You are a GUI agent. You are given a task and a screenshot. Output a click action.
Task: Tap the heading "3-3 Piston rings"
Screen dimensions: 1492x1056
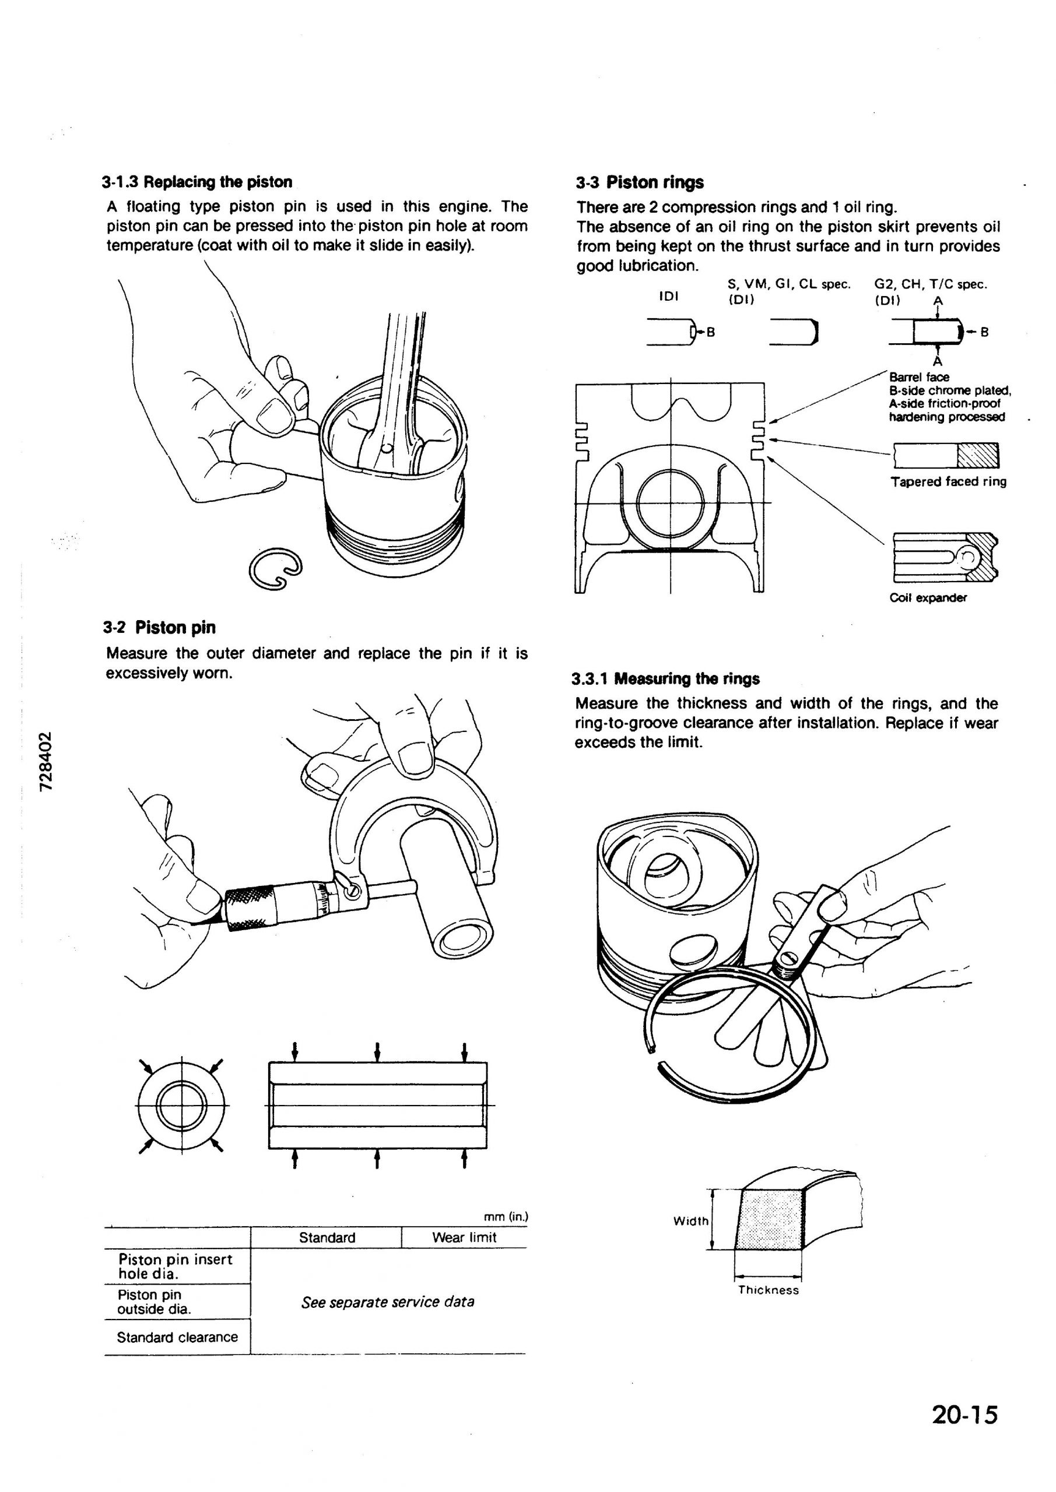point(639,182)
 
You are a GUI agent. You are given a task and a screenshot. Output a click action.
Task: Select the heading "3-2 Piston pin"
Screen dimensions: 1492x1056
point(159,628)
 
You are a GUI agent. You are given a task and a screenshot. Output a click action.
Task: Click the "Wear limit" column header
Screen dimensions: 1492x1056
point(464,1237)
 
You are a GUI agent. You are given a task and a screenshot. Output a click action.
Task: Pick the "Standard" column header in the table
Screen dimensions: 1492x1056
point(327,1237)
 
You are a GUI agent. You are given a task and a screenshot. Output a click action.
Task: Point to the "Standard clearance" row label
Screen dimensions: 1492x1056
point(177,1338)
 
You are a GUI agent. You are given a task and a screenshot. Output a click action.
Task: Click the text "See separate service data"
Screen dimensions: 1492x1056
point(388,1301)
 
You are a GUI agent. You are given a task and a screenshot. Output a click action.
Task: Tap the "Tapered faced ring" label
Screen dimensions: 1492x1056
point(948,481)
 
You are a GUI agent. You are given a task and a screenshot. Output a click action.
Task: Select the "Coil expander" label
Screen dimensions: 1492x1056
point(928,598)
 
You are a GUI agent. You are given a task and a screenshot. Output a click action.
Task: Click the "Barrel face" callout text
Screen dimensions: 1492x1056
point(919,377)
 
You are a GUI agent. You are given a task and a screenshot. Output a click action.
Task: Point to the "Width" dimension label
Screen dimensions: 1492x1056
point(690,1221)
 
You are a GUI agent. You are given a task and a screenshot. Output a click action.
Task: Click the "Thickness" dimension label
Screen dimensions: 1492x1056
point(768,1290)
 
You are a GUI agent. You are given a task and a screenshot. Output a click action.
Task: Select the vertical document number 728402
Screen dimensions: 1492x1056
point(45,762)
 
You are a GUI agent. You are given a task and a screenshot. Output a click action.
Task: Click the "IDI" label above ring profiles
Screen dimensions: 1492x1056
point(668,296)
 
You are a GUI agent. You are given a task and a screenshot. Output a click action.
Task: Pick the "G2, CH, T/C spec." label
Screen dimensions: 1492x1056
point(931,284)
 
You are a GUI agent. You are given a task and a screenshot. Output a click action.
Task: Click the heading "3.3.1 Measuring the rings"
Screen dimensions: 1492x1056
point(665,679)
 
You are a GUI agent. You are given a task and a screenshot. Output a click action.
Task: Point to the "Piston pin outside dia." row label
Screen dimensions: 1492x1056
point(154,1301)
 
